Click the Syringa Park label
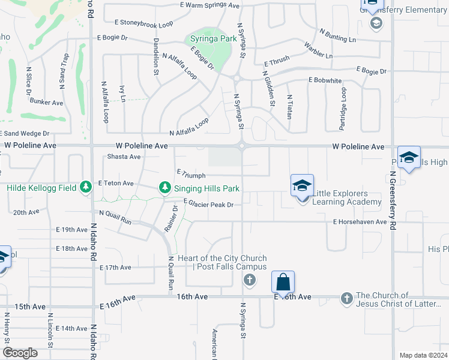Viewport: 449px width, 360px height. pyautogui.click(x=213, y=39)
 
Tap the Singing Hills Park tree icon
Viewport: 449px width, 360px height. pyautogui.click(x=164, y=188)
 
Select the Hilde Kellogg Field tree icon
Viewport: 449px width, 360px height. pyautogui.click(x=86, y=188)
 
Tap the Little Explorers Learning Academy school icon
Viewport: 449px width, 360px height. pyautogui.click(x=303, y=185)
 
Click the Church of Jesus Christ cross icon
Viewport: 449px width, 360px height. pyautogui.click(x=346, y=298)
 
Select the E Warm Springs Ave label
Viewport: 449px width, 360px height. pyautogui.click(x=209, y=5)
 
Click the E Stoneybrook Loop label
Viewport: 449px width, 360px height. pyautogui.click(x=143, y=23)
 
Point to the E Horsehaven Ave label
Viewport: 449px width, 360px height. pyautogui.click(x=360, y=222)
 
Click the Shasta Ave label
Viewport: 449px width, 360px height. pyautogui.click(x=124, y=157)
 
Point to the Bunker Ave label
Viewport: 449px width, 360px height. pyautogui.click(x=46, y=103)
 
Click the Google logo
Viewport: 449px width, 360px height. pyautogui.click(x=20, y=353)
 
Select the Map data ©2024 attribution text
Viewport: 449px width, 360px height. pyautogui.click(x=423, y=355)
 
